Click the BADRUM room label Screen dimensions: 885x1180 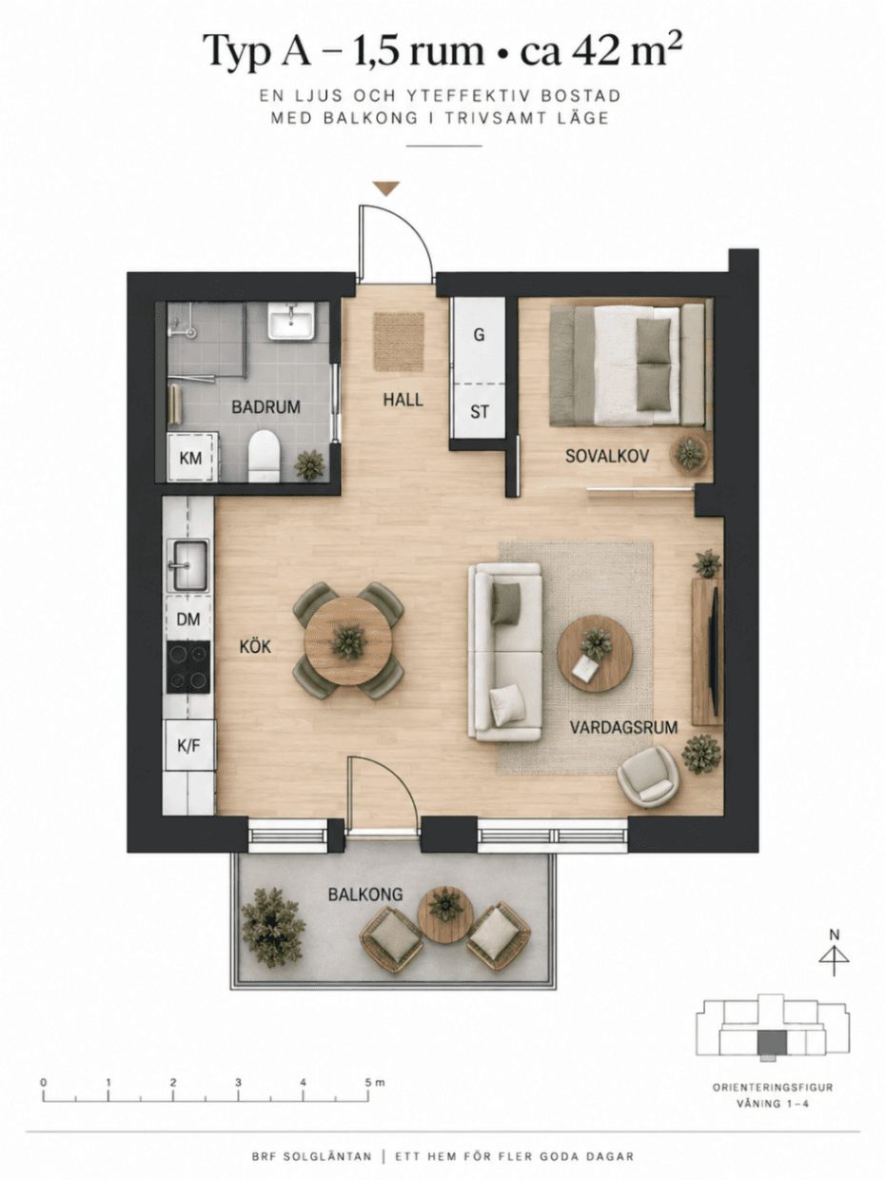tap(265, 407)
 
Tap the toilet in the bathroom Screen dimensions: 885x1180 tap(264, 455)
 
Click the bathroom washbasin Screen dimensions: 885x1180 tap(290, 321)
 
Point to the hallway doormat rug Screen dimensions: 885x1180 tap(399, 342)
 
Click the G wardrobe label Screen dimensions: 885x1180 tap(479, 335)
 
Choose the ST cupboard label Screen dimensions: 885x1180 tap(480, 412)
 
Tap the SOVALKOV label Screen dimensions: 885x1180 tap(607, 457)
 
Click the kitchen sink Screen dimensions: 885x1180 tap(188, 565)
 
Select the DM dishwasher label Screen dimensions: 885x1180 tap(188, 619)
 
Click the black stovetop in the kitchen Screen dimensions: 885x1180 tap(188, 667)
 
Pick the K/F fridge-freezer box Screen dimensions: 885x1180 tap(188, 746)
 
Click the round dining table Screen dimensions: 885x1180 tap(348, 641)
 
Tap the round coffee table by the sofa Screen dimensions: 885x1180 tap(595, 654)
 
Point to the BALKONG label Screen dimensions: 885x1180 tap(365, 895)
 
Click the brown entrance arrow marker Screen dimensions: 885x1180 tap(386, 188)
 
